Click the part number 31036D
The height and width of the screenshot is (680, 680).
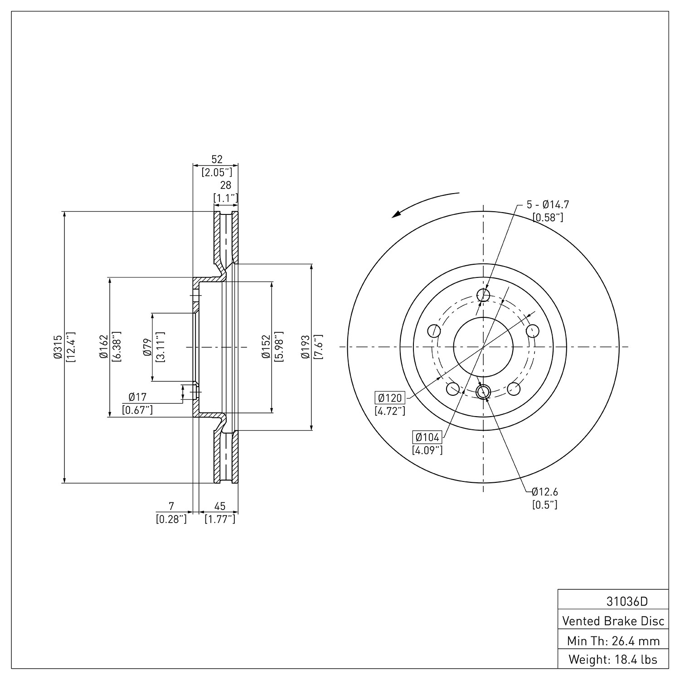pos(627,602)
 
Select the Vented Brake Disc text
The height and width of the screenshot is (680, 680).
pos(613,621)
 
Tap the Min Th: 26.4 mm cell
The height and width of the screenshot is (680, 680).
pos(613,641)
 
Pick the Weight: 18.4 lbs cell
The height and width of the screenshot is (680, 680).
pos(613,660)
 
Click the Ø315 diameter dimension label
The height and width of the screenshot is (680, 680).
pos(57,347)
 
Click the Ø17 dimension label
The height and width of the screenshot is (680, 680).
pos(137,397)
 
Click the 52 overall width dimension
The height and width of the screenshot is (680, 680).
pos(217,159)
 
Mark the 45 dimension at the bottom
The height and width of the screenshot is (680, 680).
pos(220,506)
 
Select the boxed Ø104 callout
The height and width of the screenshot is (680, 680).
pos(427,437)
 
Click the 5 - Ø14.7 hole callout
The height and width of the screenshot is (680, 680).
pos(548,204)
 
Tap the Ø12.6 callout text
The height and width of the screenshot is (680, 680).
pos(545,491)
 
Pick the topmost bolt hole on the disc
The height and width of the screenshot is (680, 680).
pos(483,295)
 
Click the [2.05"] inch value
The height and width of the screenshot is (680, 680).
pos(217,172)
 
